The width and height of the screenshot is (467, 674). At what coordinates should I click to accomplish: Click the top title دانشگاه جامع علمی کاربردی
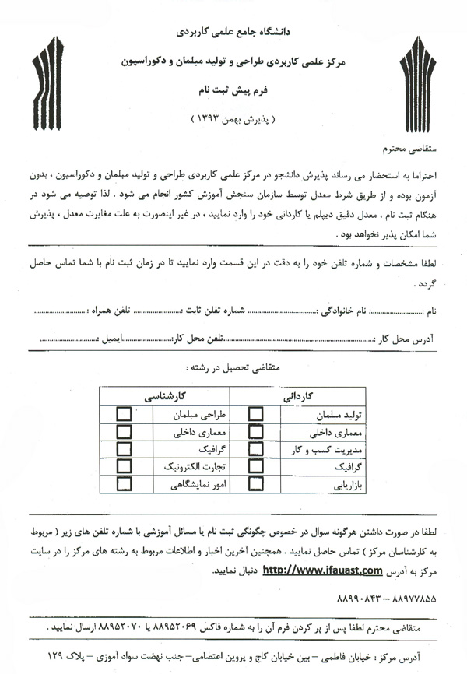coord(234,35)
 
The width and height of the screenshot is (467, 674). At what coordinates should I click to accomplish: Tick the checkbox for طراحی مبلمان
coord(123,414)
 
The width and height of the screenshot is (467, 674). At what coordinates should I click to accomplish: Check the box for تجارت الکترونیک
coord(123,467)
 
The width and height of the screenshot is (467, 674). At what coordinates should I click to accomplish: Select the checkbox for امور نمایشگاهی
coord(123,485)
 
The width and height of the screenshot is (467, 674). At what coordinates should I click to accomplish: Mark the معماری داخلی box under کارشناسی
coord(123,432)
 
